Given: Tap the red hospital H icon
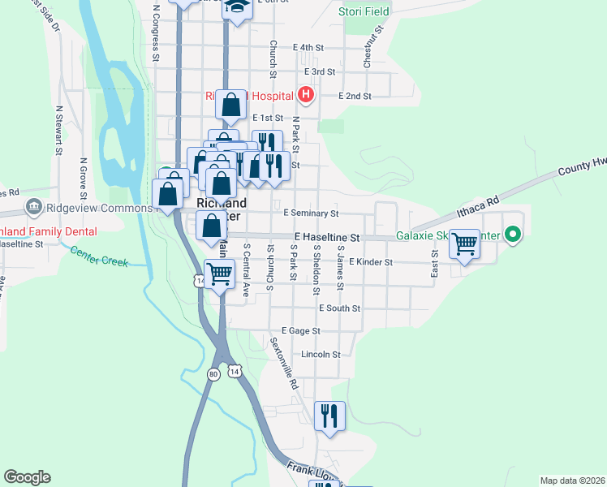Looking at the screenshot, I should coord(306,95).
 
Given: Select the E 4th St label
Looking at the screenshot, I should coord(309,48).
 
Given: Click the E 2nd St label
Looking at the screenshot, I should coord(355,96).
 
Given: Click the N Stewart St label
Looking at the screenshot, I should coord(59,129).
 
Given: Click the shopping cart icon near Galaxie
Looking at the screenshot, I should coord(465,242).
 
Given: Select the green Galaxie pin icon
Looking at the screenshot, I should coord(512,236).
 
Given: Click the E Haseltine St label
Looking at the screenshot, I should coord(326,237).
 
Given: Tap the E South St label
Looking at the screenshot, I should coord(339,308).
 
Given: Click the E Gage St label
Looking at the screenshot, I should coord(301,331).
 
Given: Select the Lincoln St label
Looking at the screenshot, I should coord(320,355).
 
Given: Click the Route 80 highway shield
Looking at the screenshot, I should coord(213,374).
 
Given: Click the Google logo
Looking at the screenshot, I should coord(27,477).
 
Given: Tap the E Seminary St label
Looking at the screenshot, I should coord(311,213).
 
